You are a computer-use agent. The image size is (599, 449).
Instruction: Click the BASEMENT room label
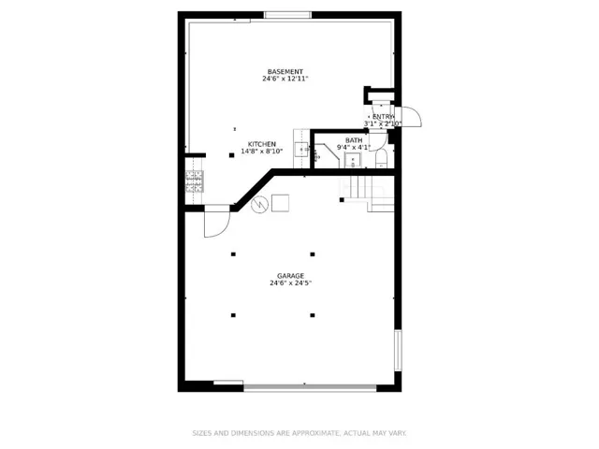pyautogui.click(x=285, y=72)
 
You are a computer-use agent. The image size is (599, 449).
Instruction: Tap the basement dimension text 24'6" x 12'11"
pyautogui.click(x=285, y=79)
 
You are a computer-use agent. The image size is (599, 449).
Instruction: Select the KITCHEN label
pyautogui.click(x=262, y=144)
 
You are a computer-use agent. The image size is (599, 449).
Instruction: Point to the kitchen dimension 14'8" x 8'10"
pyautogui.click(x=262, y=152)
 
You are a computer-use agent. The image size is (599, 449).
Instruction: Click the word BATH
pyautogui.click(x=354, y=140)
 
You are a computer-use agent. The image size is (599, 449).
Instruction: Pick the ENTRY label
pyautogui.click(x=383, y=117)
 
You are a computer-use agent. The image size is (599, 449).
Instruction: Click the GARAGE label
pyautogui.click(x=291, y=276)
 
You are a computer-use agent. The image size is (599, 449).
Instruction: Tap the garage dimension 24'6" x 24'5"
pyautogui.click(x=291, y=282)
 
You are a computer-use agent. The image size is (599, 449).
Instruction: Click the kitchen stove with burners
pyautogui.click(x=195, y=181)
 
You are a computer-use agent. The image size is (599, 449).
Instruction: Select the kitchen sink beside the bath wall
pyautogui.click(x=301, y=150)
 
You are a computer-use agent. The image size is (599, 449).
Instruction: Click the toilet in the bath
pyautogui.click(x=381, y=159)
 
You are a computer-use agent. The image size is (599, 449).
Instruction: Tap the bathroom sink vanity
pyautogui.click(x=353, y=160)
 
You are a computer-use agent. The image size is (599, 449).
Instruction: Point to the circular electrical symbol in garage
pyautogui.click(x=259, y=204)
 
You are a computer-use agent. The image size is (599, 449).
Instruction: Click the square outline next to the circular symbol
pyautogui.click(x=280, y=203)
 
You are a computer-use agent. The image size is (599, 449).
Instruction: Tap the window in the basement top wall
pyautogui.click(x=287, y=15)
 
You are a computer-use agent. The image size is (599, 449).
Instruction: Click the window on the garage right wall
pyautogui.click(x=398, y=351)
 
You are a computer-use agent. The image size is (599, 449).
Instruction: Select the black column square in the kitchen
pyautogui.click(x=231, y=155)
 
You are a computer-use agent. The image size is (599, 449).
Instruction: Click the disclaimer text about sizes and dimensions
pyautogui.click(x=299, y=433)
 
